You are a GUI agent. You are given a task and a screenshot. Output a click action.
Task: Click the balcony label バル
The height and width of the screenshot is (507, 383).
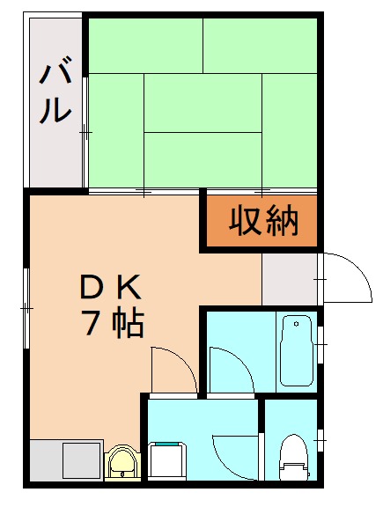[55, 91]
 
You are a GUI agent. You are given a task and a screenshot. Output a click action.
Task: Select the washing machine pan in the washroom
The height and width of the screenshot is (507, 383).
[167, 460]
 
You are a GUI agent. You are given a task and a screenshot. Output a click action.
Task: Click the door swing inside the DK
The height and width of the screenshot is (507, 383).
[172, 370]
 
